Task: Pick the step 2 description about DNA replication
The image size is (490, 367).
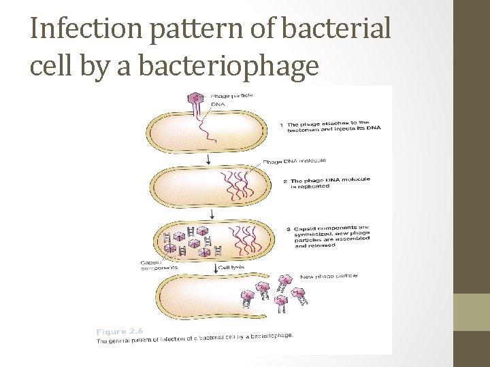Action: coord(329,183)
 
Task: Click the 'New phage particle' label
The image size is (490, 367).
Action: coord(328,277)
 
